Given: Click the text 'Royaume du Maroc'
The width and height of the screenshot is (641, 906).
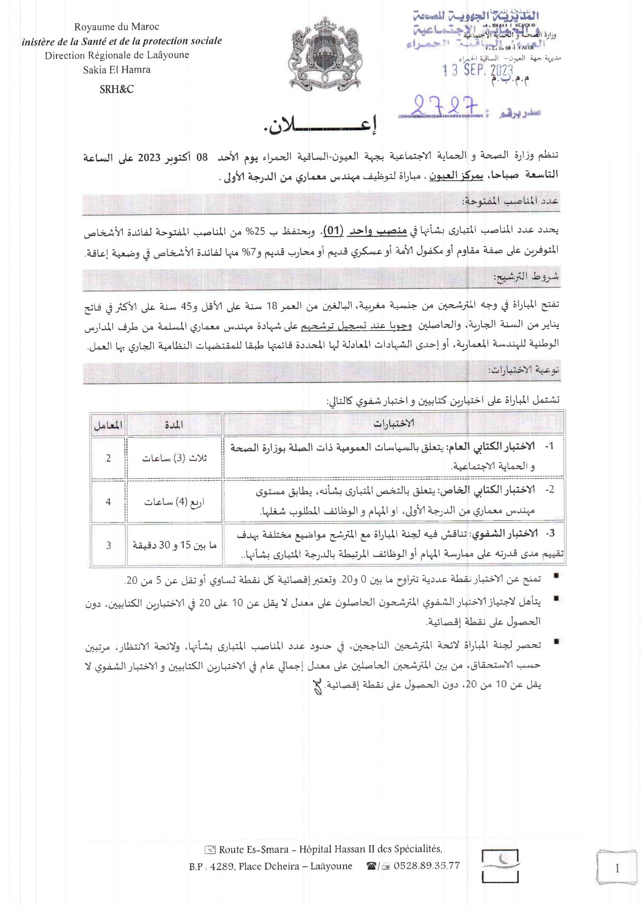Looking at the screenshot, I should click(x=116, y=27).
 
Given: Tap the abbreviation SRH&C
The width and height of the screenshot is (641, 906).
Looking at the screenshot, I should click(x=116, y=89).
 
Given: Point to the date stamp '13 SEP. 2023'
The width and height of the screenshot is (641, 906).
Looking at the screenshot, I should click(x=477, y=70).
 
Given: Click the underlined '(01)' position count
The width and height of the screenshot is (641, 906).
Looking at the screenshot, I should click(x=334, y=231).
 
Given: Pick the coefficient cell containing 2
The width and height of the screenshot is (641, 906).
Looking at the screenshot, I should click(x=108, y=458).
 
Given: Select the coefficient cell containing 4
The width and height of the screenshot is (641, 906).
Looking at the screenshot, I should click(x=108, y=502).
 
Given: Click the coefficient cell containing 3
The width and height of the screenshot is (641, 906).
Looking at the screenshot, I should click(x=108, y=545).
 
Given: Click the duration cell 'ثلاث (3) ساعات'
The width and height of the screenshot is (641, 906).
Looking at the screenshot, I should click(x=174, y=458).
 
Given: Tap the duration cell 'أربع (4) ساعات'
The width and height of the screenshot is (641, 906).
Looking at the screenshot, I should click(x=174, y=502).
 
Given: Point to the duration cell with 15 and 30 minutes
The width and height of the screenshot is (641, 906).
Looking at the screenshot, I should click(x=174, y=545).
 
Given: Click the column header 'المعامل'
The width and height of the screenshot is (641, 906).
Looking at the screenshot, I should click(x=108, y=425).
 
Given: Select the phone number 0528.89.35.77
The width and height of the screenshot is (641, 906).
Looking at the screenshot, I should click(x=426, y=866).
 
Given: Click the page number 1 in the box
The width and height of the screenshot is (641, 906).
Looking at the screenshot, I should click(x=617, y=868).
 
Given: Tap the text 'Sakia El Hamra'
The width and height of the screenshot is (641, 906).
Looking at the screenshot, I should click(x=116, y=70).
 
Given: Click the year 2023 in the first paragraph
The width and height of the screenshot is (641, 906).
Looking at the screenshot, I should click(x=149, y=158).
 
